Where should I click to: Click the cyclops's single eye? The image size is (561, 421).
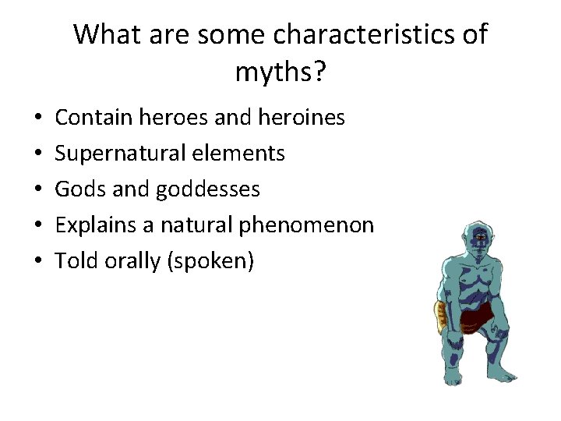481,236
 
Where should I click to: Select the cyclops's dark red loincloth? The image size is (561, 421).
477,315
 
